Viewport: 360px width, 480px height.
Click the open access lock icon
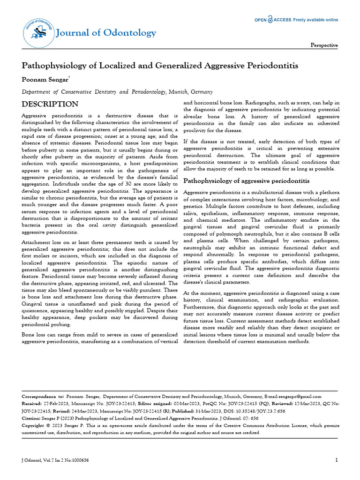271,20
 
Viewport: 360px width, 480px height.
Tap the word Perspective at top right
324,45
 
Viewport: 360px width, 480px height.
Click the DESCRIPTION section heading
50,104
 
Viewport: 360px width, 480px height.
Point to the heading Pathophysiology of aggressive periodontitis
246,181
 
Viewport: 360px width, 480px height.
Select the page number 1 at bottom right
336,460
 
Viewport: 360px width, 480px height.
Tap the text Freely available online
315,20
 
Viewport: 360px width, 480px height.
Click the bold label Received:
32,403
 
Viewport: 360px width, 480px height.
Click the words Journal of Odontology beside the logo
106,33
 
